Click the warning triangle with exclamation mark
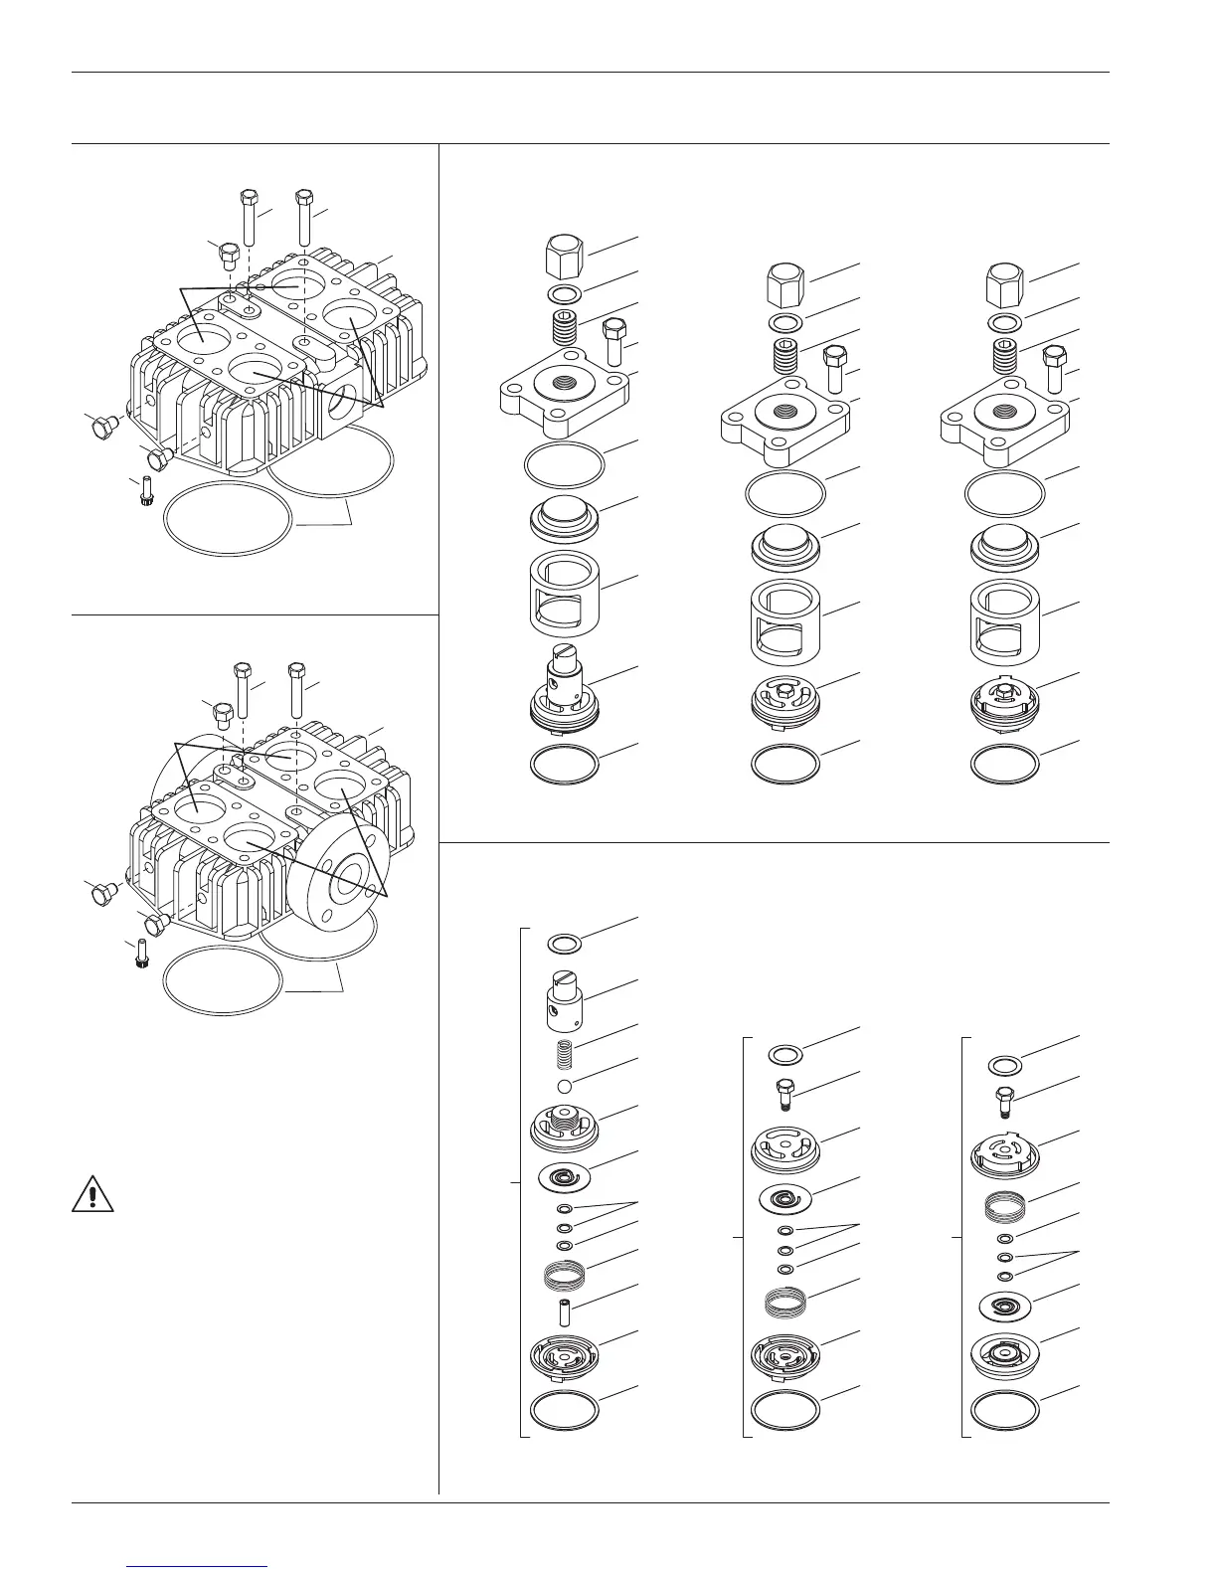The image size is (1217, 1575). coord(92,1193)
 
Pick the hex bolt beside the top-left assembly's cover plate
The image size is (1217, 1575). coord(612,341)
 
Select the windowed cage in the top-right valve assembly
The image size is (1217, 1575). coord(1006,622)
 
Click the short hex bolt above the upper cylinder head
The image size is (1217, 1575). coord(227,258)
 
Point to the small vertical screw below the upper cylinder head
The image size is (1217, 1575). coord(144,491)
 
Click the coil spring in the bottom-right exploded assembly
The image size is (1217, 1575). coord(1004,1210)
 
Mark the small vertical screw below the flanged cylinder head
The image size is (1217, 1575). coord(141,955)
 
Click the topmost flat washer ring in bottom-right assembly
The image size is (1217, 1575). coord(1005,1067)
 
